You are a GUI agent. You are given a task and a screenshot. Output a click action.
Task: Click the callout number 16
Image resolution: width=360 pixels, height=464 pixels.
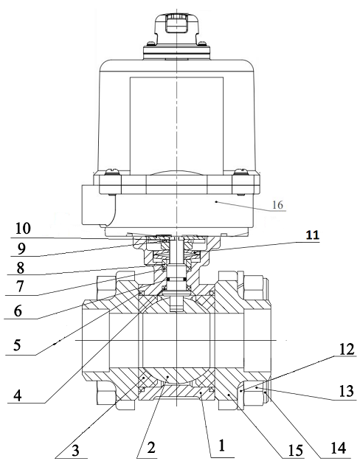277,204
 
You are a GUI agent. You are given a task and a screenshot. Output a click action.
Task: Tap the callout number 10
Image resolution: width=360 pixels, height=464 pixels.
24,229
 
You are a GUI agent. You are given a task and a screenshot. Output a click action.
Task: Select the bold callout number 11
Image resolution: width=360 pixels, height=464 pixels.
312,235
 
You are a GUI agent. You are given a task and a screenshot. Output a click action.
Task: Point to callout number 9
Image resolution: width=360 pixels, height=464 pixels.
20,249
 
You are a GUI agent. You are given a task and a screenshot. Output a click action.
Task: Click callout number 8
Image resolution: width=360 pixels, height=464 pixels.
20,268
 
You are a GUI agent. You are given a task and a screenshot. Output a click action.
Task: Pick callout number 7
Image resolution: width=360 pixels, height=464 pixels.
19,286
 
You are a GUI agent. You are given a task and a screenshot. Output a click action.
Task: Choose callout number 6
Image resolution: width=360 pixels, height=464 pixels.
18,311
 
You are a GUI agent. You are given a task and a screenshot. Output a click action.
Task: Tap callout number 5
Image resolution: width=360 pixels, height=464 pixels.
17,345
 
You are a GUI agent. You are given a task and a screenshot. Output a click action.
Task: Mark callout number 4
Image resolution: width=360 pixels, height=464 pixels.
18,396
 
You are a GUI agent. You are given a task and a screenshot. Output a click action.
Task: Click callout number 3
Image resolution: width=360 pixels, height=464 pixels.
75,451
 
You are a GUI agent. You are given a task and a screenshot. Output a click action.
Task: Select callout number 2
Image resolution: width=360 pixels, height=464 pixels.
151,448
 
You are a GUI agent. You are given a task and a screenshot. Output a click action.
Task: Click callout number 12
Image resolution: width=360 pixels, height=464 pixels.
347,349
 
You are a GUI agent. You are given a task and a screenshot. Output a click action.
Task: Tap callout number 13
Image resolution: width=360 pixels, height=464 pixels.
346,391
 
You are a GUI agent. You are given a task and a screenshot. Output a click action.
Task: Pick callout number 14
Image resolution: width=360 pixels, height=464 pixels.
338,448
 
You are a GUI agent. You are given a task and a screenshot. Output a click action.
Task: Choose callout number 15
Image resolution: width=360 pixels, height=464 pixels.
296,451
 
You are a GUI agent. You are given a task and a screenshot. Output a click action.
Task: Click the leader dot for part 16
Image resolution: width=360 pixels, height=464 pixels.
217,202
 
